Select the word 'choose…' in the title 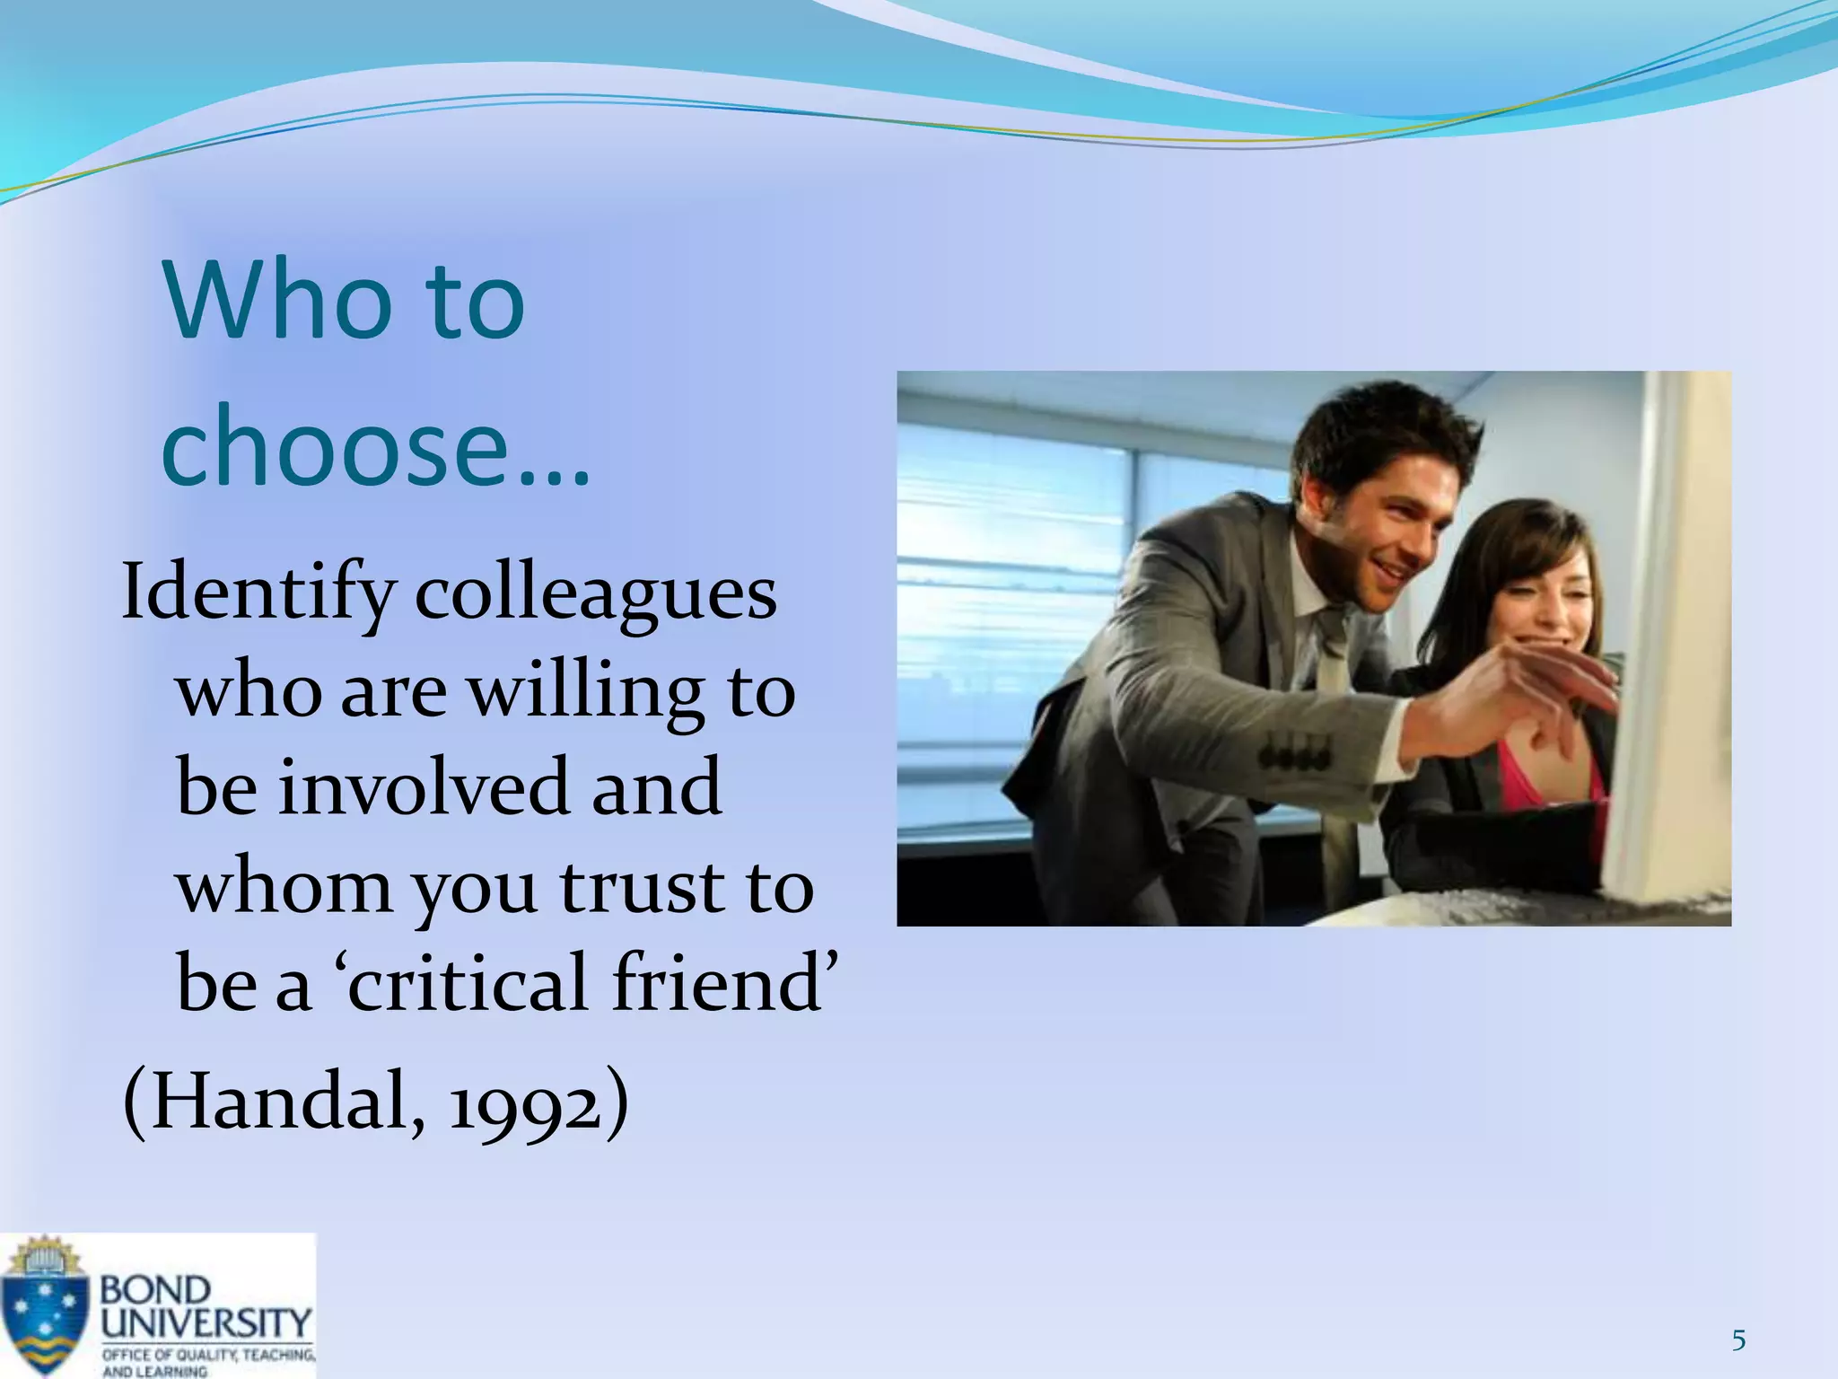click(x=375, y=446)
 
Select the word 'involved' click(x=424, y=787)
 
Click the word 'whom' click(x=284, y=886)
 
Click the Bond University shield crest click(x=45, y=1306)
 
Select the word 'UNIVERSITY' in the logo click(x=206, y=1322)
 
